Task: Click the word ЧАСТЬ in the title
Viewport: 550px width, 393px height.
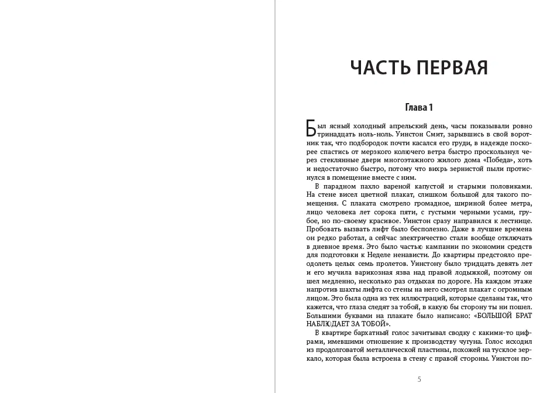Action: [380, 68]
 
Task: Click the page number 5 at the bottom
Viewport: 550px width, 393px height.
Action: [419, 379]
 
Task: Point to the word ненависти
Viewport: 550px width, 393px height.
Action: [390, 256]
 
